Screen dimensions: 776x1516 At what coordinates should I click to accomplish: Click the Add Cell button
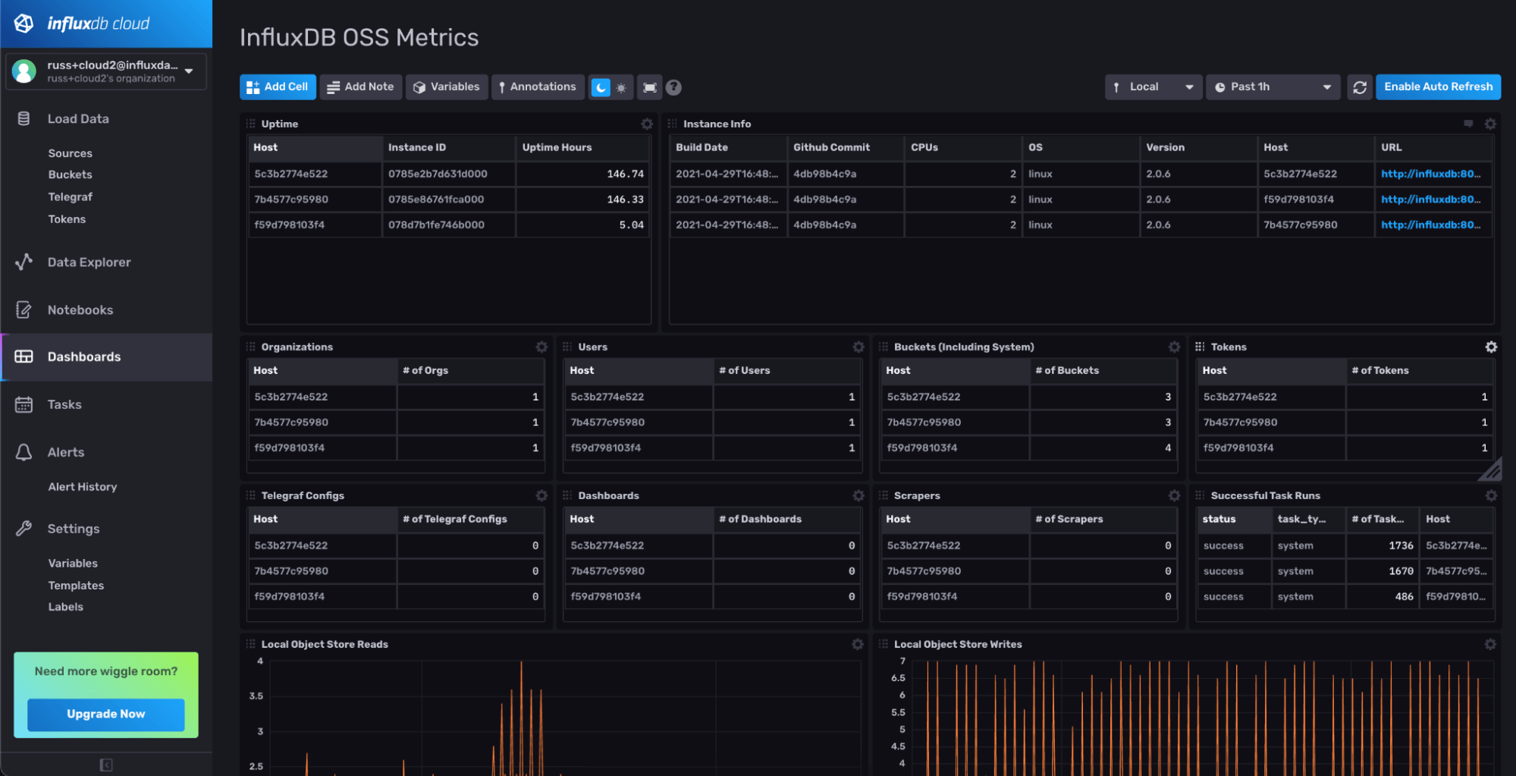[x=278, y=87]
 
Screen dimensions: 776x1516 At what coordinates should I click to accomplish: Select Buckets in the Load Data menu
[x=70, y=174]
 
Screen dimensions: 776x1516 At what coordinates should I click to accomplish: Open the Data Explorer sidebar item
[x=89, y=262]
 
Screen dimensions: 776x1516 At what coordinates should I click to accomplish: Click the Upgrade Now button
[x=105, y=714]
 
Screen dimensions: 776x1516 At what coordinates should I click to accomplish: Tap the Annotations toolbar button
[x=537, y=87]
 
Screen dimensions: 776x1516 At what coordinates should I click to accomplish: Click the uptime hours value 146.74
[x=625, y=174]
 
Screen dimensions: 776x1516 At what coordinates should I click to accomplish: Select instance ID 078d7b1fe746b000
[x=436, y=225]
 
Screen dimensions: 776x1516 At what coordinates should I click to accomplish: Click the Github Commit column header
[x=831, y=147]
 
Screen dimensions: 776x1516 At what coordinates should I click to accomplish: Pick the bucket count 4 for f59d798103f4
[x=1167, y=448]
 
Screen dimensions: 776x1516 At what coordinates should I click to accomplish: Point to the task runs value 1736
[x=1400, y=545]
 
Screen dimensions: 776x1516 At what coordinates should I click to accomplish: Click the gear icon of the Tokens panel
[x=1490, y=347]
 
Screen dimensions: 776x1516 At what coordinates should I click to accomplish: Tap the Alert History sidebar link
[x=82, y=487]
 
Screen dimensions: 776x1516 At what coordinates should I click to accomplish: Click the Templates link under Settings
[x=76, y=586]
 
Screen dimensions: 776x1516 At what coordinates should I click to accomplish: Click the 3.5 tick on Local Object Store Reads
[x=256, y=696]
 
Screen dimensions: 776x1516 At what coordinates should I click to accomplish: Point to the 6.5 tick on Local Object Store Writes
[x=898, y=678]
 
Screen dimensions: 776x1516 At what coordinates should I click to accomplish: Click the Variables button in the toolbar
[x=447, y=87]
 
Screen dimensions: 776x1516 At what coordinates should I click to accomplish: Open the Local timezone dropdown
[x=1153, y=87]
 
